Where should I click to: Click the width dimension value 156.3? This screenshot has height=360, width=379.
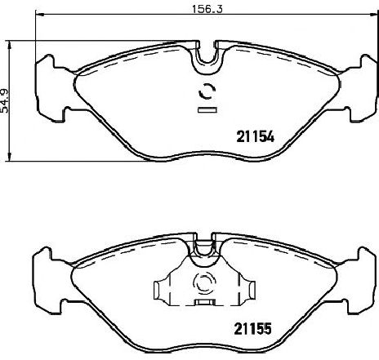point(207,9)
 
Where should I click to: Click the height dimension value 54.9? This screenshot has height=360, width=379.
point(5,101)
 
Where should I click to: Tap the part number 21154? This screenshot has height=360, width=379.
point(255,137)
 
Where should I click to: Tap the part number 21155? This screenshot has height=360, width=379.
point(253,329)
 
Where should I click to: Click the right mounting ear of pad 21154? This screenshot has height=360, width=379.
point(359,88)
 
